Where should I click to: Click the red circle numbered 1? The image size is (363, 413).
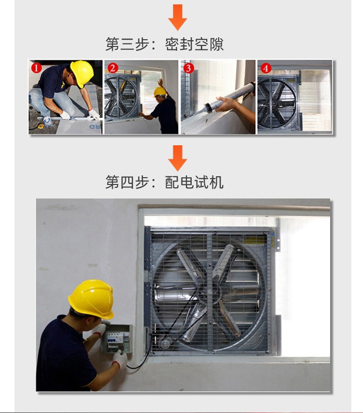[x=37, y=68]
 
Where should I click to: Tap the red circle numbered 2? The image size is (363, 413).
[x=113, y=68]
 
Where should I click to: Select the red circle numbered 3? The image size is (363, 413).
[x=188, y=68]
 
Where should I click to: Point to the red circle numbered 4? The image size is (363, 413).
[x=266, y=68]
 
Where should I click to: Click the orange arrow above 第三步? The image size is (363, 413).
[x=178, y=17]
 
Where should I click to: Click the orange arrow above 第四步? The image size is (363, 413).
[x=178, y=158]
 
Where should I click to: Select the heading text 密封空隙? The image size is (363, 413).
[x=194, y=44]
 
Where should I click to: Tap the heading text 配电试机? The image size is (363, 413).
[x=194, y=182]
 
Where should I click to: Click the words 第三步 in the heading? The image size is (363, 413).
[x=127, y=44]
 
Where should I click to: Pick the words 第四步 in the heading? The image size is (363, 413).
[x=127, y=182]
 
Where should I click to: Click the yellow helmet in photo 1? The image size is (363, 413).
[x=82, y=73]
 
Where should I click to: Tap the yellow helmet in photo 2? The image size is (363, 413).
[x=160, y=92]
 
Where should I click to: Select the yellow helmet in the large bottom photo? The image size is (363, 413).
[x=91, y=298]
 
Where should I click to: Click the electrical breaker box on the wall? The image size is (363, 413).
[x=116, y=339]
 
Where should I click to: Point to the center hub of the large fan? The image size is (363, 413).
[x=209, y=292]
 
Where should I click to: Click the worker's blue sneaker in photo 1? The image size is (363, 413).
[x=47, y=122]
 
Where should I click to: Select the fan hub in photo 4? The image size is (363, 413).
[x=276, y=103]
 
